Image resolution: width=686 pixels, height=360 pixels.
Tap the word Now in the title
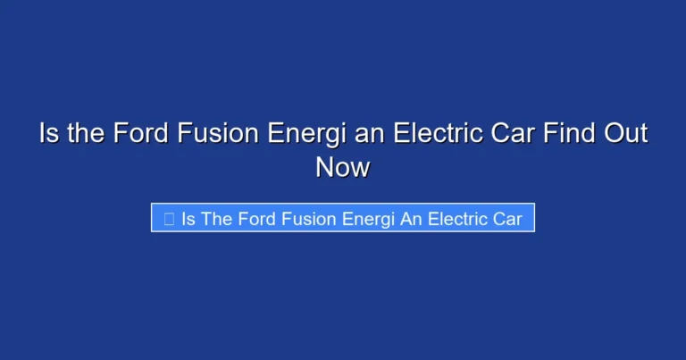point(342,167)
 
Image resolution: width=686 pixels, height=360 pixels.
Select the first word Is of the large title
point(48,135)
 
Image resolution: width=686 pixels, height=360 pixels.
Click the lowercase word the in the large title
point(85,135)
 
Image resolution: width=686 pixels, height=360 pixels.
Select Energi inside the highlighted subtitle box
point(369,219)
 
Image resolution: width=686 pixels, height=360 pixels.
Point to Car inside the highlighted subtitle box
point(508,219)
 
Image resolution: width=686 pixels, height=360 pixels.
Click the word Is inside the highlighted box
point(188,219)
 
